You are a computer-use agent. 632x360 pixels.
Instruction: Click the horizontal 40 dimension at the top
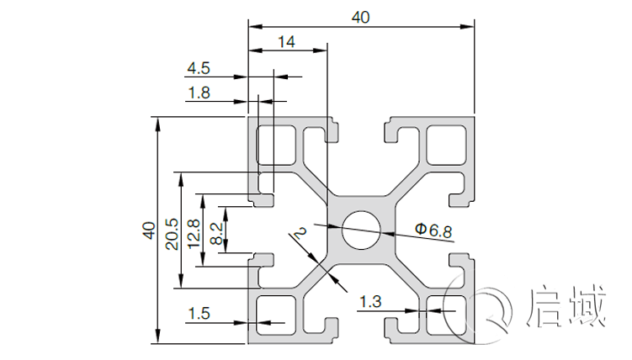click(361, 17)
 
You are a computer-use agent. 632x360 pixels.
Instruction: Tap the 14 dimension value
click(286, 41)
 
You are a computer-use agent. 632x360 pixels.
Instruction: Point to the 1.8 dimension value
click(199, 93)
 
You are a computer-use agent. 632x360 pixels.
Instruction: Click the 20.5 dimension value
click(172, 234)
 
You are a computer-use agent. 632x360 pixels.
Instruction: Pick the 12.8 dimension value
click(194, 234)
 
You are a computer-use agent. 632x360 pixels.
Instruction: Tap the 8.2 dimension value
click(217, 234)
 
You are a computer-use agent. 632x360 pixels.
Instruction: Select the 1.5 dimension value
click(199, 313)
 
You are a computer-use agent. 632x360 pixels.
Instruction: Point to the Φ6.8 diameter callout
click(434, 229)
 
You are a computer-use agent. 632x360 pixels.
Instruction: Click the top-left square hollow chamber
click(276, 145)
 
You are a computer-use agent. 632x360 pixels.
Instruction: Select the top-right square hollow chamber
click(447, 145)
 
